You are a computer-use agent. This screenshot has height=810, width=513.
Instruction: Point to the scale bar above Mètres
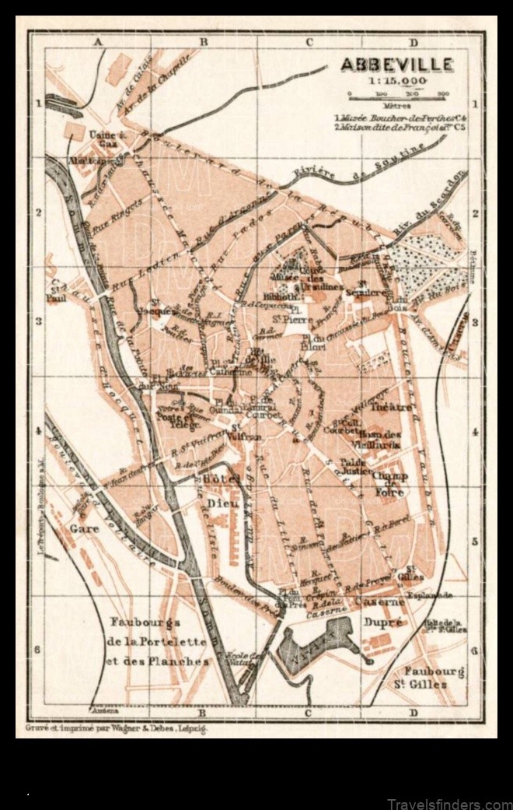point(396,98)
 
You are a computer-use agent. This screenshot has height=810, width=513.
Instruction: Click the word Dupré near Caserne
point(384,622)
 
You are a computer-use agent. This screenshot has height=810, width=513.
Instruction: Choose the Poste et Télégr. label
point(179,419)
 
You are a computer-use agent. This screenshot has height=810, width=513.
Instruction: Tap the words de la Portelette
point(159,642)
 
